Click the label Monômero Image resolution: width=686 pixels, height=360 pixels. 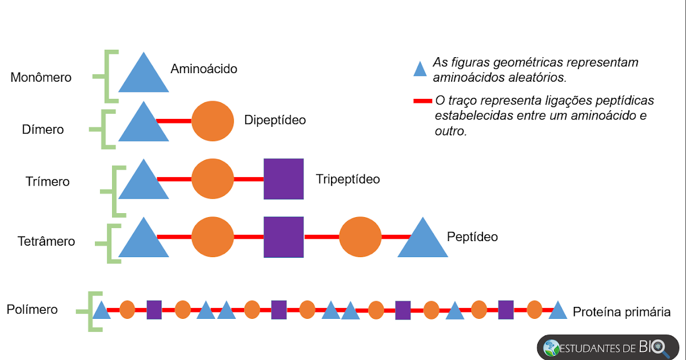coord(41,78)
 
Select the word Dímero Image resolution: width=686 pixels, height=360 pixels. coord(43,130)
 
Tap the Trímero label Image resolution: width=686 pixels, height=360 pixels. coord(47,182)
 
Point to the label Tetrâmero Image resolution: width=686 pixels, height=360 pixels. coord(46,241)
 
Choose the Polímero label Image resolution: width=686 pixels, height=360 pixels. coord(32,310)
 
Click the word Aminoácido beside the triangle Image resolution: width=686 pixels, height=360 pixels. coord(204,69)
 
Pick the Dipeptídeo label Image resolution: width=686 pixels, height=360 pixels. coord(275,121)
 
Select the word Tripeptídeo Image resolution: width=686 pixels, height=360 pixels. coord(348,179)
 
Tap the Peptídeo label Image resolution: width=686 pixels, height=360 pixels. coord(472,237)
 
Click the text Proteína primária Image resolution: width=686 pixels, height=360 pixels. coord(621,312)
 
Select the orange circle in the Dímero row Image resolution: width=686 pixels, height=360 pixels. coord(213,121)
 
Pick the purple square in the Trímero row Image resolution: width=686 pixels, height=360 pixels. coord(284,179)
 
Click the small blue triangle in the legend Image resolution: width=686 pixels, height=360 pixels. coord(420,70)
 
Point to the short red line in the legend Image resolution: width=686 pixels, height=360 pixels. coord(422,101)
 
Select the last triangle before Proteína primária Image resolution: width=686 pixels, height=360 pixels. coord(557,311)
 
